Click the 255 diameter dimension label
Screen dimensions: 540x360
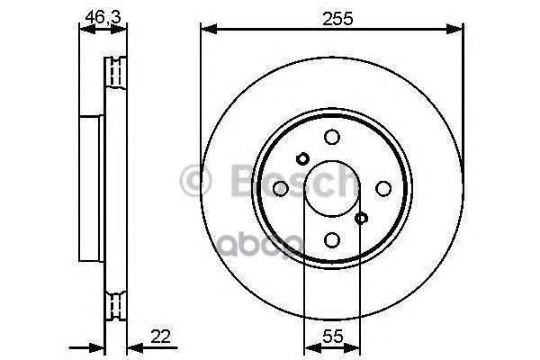(x=337, y=19)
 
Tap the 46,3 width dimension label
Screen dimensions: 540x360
(x=103, y=17)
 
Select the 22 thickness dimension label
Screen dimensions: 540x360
(x=160, y=337)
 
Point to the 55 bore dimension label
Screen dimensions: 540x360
(x=333, y=337)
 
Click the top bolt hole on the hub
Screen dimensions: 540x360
(x=332, y=137)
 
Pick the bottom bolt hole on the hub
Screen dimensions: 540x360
(x=332, y=239)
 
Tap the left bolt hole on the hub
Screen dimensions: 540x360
(x=281, y=188)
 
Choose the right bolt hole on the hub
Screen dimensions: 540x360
(x=383, y=188)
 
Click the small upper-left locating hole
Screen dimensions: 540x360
(x=302, y=158)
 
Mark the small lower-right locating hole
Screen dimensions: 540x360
(x=361, y=218)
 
